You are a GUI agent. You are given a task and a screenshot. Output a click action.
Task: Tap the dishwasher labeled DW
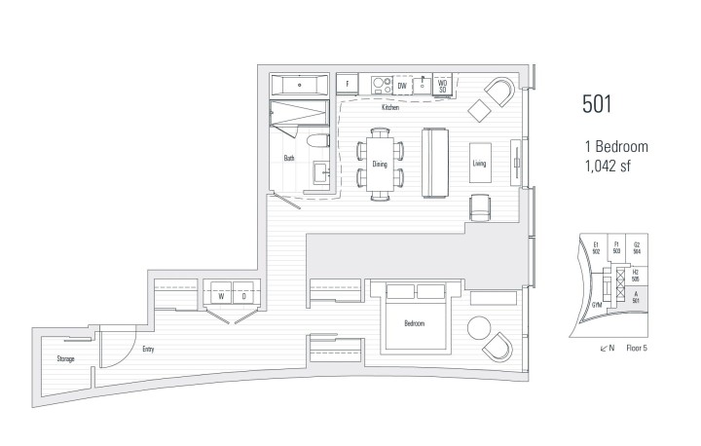pyautogui.click(x=401, y=86)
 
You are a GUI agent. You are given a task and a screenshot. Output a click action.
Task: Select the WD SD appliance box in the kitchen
pyautogui.click(x=441, y=86)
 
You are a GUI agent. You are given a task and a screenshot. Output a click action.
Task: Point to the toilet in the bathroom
pyautogui.click(x=316, y=145)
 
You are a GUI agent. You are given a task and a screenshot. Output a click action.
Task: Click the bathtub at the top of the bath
pyautogui.click(x=299, y=84)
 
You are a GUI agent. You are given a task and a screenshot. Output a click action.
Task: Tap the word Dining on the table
pyautogui.click(x=381, y=166)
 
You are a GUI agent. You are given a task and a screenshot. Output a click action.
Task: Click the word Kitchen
pyautogui.click(x=390, y=107)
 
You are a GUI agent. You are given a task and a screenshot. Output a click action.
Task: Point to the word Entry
pyautogui.click(x=148, y=349)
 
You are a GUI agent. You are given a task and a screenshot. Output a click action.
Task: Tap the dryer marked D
pyautogui.click(x=243, y=295)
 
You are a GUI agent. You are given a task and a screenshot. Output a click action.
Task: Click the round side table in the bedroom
pyautogui.click(x=480, y=326)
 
